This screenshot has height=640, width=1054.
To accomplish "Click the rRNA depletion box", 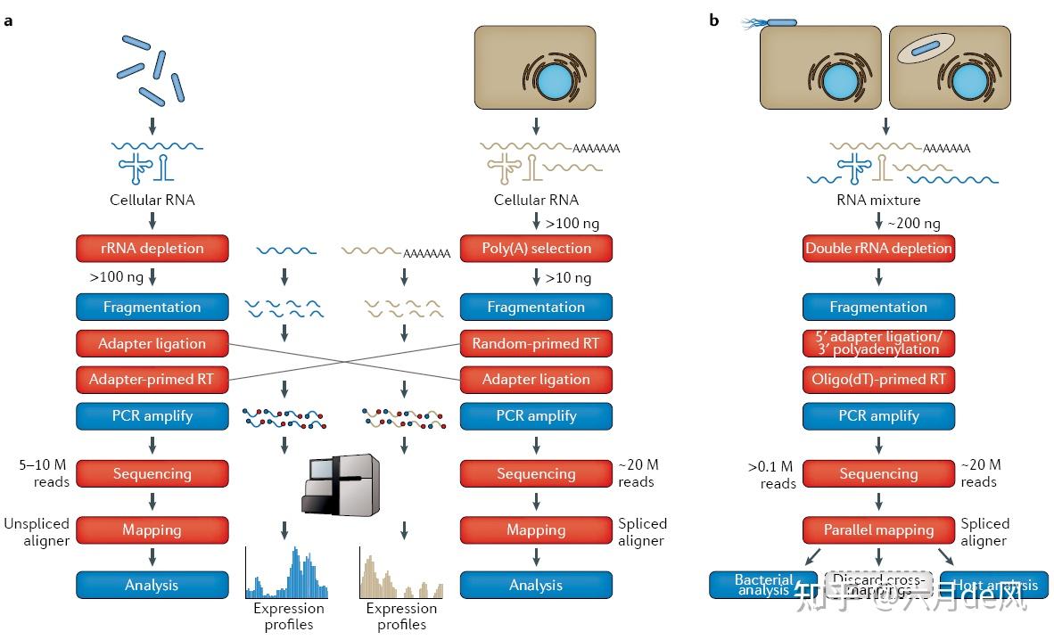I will [152, 248].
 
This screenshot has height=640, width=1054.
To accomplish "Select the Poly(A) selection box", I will [536, 248].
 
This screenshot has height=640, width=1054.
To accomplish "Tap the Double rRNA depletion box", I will [878, 248].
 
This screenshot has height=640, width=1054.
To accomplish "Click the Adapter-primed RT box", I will [152, 380].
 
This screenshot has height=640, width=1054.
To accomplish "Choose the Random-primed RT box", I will [536, 343].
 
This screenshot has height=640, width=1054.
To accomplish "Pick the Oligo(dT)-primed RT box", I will [878, 380].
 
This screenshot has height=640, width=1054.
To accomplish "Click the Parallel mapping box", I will [878, 529].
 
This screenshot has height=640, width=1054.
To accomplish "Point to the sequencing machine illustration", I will [341, 485].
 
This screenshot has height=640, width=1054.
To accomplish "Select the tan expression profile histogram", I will [401, 574].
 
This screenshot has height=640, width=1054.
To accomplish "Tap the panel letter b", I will [713, 21].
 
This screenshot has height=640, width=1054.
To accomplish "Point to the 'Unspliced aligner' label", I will [37, 532].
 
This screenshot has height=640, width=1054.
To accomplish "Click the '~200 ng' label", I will [914, 224].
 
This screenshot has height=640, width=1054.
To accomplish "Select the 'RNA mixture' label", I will [877, 201].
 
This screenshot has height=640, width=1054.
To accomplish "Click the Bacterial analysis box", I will [763, 585].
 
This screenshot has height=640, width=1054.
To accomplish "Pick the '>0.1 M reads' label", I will [771, 474].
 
